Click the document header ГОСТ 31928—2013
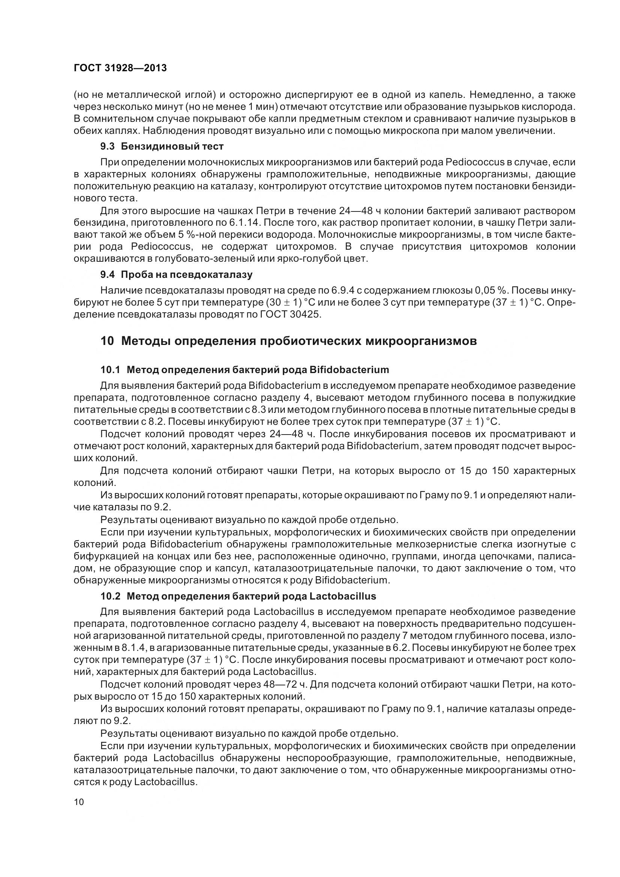coord(120,68)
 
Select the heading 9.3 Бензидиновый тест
coord(162,147)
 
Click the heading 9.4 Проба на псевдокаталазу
coord(176,274)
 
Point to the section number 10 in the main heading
coord(107,341)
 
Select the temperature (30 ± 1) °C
coord(288,303)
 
